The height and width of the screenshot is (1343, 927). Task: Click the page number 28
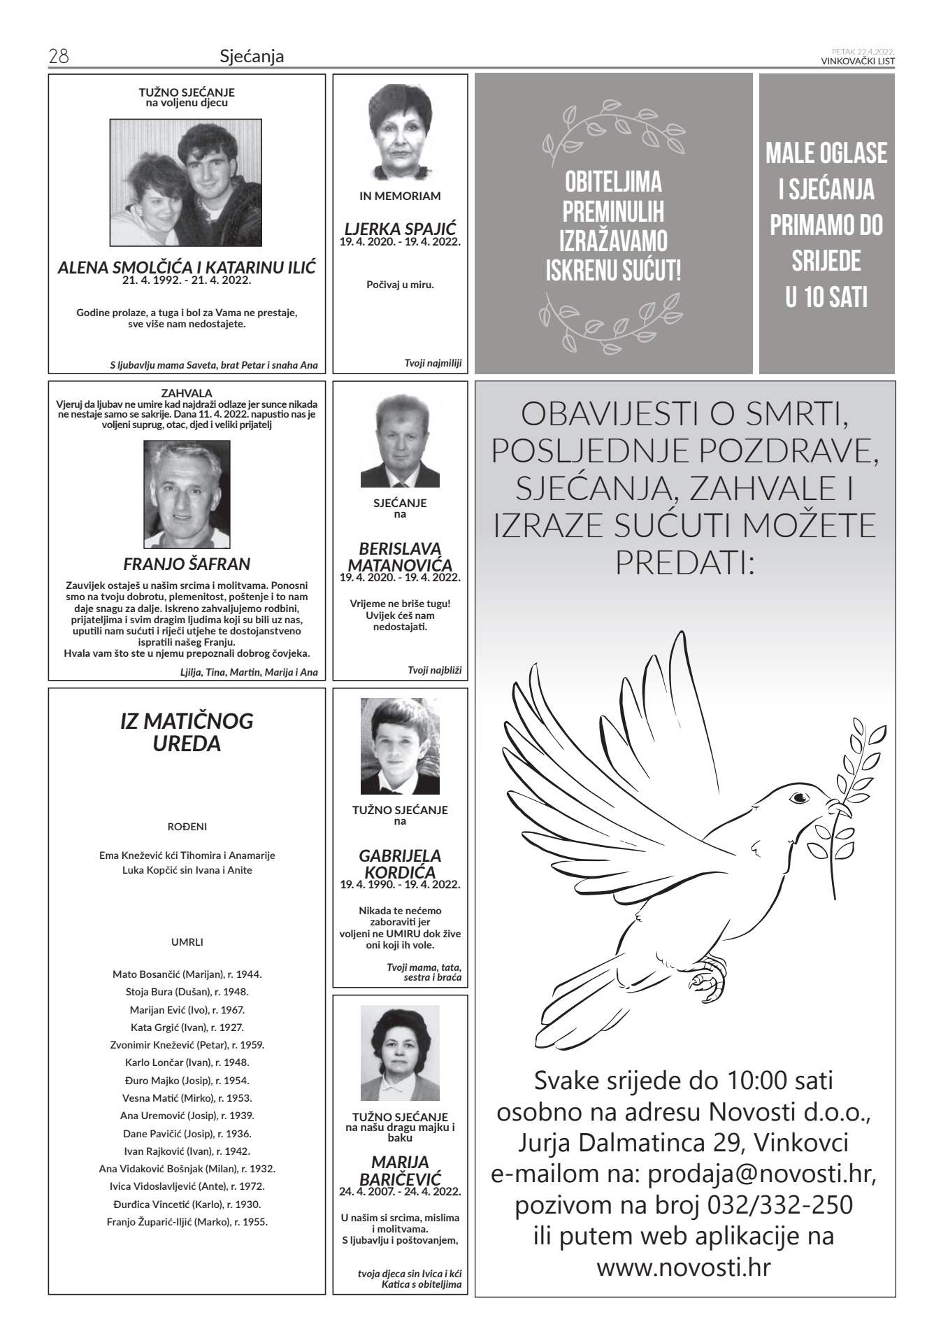pyautogui.click(x=57, y=57)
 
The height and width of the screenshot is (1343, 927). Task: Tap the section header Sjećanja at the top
pyautogui.click(x=252, y=57)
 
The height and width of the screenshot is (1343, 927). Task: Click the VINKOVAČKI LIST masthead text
pyautogui.click(x=858, y=61)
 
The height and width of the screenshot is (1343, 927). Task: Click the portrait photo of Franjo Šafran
pyautogui.click(x=187, y=494)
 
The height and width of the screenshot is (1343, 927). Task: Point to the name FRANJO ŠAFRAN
pyautogui.click(x=187, y=564)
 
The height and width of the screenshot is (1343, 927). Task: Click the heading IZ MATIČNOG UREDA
pyautogui.click(x=187, y=732)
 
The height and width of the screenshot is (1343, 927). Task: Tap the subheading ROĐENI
pyautogui.click(x=187, y=826)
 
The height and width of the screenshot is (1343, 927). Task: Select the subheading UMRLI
pyautogui.click(x=187, y=941)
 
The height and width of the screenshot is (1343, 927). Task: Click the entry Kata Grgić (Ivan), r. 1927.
pyautogui.click(x=187, y=1028)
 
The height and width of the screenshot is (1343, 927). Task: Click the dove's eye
pyautogui.click(x=799, y=797)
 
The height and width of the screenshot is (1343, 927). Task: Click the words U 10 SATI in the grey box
pyautogui.click(x=826, y=297)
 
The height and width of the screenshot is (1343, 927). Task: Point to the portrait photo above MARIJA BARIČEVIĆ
pyautogui.click(x=400, y=1053)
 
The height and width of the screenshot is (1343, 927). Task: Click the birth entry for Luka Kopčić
pyautogui.click(x=187, y=870)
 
